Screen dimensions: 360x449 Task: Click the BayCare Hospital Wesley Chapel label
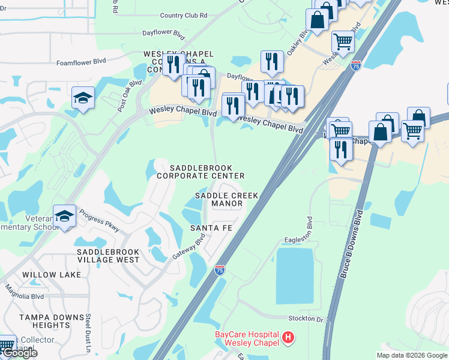pos(247,338)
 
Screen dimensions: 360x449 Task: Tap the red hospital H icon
pos(288,338)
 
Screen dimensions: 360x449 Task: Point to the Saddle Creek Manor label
pos(226,199)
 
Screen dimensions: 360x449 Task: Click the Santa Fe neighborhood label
pos(211,228)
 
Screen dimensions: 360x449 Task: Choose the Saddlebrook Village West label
pos(108,256)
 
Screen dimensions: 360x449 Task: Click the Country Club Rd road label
pos(184,15)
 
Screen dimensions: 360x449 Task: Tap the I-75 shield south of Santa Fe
pos(220,270)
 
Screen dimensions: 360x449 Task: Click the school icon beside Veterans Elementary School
pos(64,216)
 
